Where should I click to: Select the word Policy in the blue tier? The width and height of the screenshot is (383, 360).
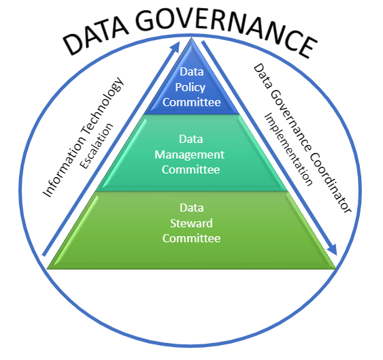point(190,88)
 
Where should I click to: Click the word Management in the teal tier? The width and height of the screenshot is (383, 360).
point(189,155)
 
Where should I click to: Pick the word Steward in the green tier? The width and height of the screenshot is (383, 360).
point(191,223)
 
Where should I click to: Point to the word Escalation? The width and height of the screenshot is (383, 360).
point(97,146)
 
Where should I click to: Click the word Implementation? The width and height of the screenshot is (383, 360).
point(288,150)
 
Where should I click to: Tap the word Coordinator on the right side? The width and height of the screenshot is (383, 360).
point(331,183)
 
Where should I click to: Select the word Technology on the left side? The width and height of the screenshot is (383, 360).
point(102,106)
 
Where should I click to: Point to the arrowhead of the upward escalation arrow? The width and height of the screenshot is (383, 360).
point(176,47)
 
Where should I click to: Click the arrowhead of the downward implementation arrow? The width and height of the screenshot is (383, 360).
point(332,249)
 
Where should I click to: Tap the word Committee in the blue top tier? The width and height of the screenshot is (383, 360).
point(192,102)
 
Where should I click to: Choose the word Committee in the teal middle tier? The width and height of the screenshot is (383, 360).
point(190,169)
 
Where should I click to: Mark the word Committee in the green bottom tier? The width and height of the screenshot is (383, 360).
point(192,238)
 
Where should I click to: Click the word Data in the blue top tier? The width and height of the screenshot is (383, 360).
point(192,72)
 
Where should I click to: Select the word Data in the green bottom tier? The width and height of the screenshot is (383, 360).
point(192,208)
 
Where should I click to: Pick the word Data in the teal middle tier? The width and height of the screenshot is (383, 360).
point(191,139)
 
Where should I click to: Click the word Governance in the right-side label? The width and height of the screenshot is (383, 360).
point(290,120)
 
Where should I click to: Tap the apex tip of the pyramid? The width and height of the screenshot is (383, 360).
point(192,37)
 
